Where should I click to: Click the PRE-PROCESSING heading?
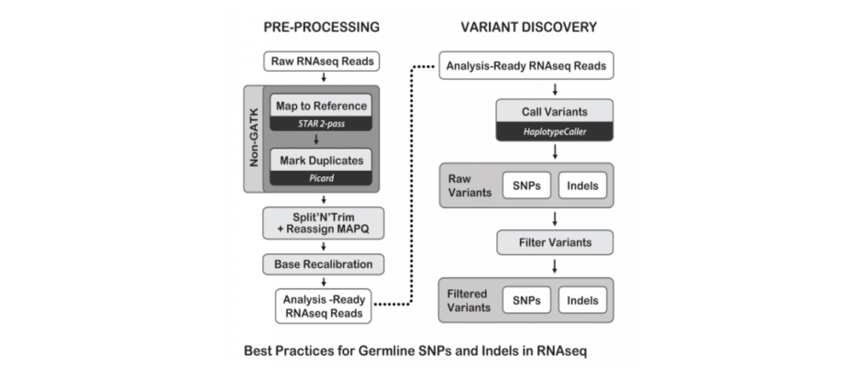point(321,28)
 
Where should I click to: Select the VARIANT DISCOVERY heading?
point(528,28)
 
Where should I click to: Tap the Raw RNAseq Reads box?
point(323,61)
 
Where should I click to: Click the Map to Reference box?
point(322,105)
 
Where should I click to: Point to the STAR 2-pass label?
point(322,124)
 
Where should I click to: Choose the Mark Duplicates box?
point(322,160)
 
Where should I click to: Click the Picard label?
point(322,178)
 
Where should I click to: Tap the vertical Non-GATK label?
point(254,139)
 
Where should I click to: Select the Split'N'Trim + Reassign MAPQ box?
point(323,223)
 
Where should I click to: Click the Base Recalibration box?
point(323,264)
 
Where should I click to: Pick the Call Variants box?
point(555,112)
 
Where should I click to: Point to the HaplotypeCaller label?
point(555,132)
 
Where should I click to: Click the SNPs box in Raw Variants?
point(526,185)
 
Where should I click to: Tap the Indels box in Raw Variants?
point(582,185)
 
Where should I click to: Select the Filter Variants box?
point(555,242)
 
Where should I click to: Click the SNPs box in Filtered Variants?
point(526,300)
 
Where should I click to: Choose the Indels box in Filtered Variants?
point(582,300)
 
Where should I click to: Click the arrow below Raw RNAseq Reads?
point(323,78)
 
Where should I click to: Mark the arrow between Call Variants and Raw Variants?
point(555,151)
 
